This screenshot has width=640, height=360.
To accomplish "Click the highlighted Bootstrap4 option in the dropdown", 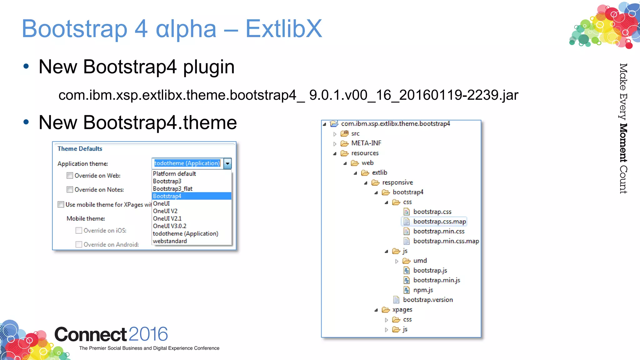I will coord(167,196).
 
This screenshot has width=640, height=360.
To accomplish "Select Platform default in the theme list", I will coord(174,174).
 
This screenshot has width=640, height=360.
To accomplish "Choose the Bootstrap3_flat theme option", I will coord(172,189).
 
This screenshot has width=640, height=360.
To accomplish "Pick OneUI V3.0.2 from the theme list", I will coord(170,226).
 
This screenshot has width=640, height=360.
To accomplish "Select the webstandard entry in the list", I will coord(170,241).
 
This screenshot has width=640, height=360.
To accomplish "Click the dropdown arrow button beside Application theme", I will coord(227,163).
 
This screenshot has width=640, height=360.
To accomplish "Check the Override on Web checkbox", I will coord(70,176).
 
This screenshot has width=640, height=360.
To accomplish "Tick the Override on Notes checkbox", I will coord(70,190).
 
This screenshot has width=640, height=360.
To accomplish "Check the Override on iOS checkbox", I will coord(79,231).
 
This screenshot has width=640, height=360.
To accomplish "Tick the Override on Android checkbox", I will coord(79,244).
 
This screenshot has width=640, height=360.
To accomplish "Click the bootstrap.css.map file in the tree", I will coord(439,222).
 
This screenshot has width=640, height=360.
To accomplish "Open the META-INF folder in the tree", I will coord(366,143).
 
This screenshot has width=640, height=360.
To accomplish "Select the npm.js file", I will coord(423,290).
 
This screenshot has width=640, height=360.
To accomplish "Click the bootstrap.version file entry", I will coord(427,300).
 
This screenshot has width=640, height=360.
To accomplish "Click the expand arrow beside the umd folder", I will coord(397,261).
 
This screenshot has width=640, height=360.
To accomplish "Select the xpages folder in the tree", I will coord(402,310).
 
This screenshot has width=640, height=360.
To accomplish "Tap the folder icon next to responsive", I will coord(375,182).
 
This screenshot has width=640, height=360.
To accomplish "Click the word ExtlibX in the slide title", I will coord(283,29).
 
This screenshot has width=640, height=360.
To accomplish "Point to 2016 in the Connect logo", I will coord(148,334).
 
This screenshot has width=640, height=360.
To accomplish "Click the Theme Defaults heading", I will coord(80,149).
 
